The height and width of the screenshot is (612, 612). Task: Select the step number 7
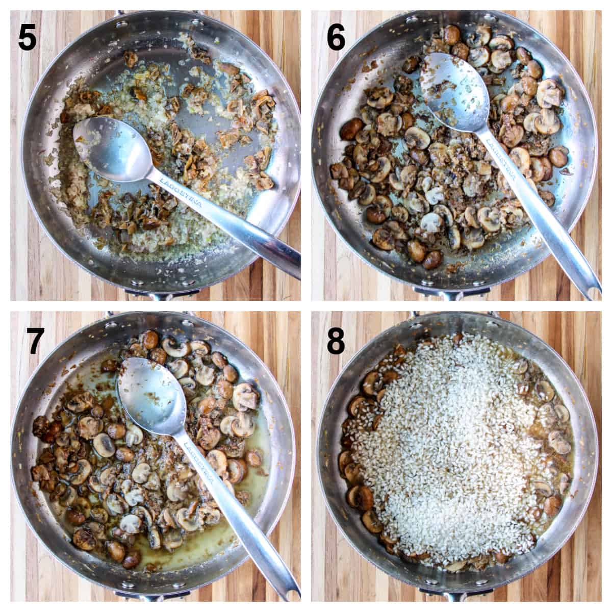coord(35,341)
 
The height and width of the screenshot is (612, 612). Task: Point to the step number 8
coord(336,341)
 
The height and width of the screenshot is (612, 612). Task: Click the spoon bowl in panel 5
coord(113,149)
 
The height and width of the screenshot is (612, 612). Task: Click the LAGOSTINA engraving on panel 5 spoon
coord(181,192)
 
